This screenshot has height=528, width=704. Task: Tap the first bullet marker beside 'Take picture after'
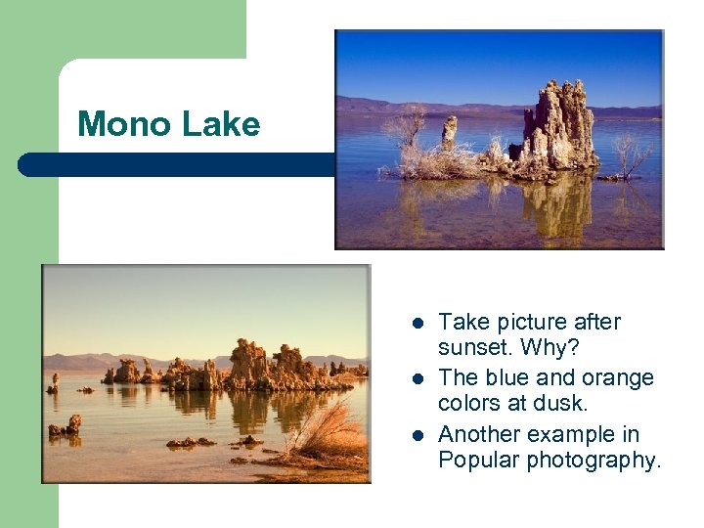(418, 323)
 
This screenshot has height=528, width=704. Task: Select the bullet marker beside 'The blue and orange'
(418, 378)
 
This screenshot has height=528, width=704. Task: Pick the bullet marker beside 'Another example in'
(418, 434)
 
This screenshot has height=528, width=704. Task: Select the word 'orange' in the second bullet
(619, 377)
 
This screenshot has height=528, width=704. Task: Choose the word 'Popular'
(479, 461)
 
